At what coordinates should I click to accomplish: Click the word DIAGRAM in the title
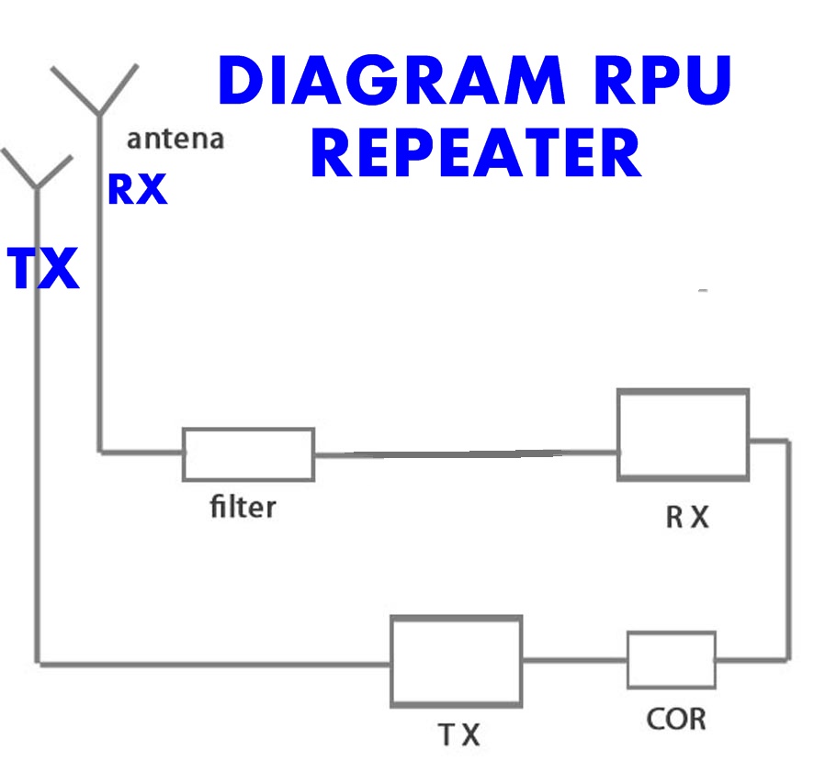(x=392, y=81)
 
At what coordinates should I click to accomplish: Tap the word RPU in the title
(x=663, y=81)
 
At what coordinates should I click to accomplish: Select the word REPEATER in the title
(x=476, y=152)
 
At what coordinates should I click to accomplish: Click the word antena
(x=175, y=139)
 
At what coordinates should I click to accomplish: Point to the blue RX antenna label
(x=138, y=190)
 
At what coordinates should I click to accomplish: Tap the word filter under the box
(x=243, y=507)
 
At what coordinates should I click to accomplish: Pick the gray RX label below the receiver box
(x=687, y=517)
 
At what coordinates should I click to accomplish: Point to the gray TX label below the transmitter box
(x=459, y=734)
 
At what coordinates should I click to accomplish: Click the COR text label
(x=676, y=720)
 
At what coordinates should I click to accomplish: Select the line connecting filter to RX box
(x=466, y=453)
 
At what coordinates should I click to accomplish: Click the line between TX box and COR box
(x=575, y=660)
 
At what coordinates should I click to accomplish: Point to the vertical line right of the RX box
(x=788, y=550)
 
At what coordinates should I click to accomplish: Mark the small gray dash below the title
(x=703, y=291)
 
